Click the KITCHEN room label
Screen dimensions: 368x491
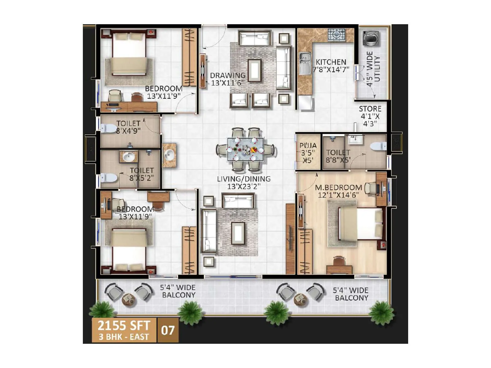click(x=331, y=62)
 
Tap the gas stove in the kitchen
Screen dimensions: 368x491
click(x=337, y=35)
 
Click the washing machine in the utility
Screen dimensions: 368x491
click(x=370, y=38)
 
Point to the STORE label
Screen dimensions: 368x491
click(x=370, y=109)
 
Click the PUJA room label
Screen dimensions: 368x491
click(x=308, y=146)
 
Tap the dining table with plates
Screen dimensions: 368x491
click(x=245, y=150)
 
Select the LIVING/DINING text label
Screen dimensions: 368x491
click(x=244, y=179)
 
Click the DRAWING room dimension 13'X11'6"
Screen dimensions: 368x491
click(x=227, y=83)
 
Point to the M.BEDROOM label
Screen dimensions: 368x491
click(x=338, y=187)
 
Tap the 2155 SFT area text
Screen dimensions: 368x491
click(x=124, y=325)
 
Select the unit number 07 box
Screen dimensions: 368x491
click(x=168, y=330)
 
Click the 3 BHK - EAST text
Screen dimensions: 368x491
click(x=124, y=337)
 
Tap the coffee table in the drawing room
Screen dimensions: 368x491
click(x=255, y=70)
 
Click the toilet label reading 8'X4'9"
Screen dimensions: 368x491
click(x=128, y=131)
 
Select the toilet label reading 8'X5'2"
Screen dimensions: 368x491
click(x=141, y=178)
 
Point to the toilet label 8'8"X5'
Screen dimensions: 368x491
click(x=338, y=160)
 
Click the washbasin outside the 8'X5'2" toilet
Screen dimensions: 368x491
click(x=169, y=155)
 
